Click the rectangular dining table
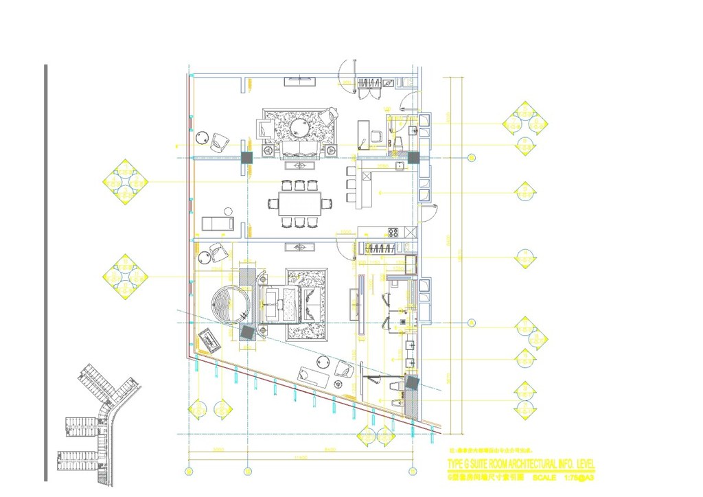pos(299,203)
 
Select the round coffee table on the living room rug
pos(300,128)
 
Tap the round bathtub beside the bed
pos(227,305)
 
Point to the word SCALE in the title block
pos(544,477)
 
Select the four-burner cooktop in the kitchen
pos(394,232)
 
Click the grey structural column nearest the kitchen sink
pos(413,158)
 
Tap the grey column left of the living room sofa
pos(247,157)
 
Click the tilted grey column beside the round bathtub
pos(247,333)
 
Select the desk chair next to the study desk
pos(376,137)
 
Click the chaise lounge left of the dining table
pos(218,223)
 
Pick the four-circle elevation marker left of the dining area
pos(125,182)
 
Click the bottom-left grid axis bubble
pos(189,471)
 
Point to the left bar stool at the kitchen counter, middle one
pos(351,184)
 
